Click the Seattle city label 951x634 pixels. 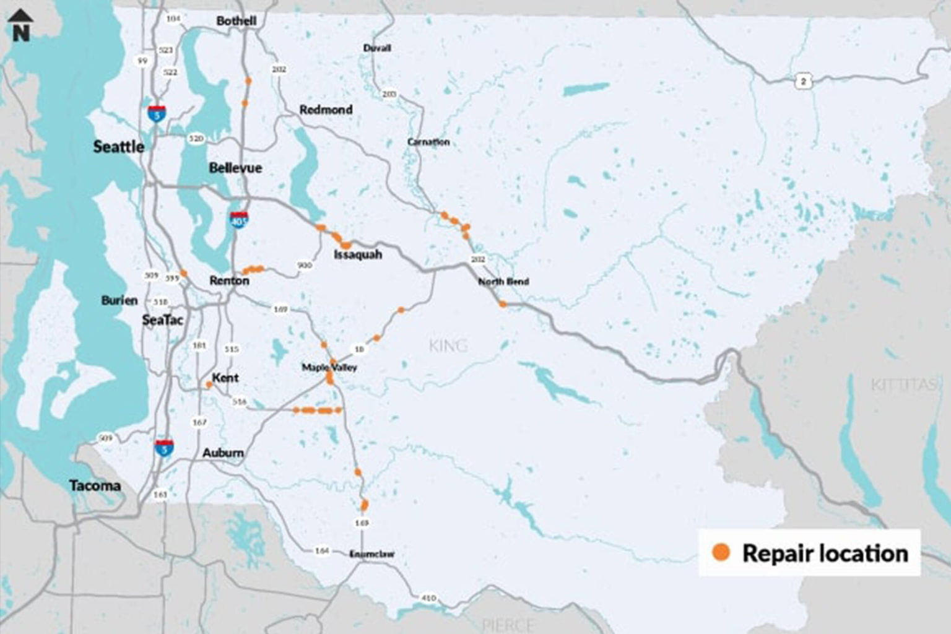[118, 147]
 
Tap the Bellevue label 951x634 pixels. [235, 168]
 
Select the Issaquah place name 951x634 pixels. [358, 254]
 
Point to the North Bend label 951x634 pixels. [503, 282]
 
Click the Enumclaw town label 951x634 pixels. [371, 554]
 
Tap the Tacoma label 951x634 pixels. [95, 486]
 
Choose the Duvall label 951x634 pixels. [377, 48]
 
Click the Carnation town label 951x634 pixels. [428, 142]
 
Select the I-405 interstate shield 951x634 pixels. [239, 219]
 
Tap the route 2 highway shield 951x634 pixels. [803, 81]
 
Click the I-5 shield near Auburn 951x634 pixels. [164, 447]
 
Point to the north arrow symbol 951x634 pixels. [21, 25]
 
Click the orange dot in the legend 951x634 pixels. [721, 552]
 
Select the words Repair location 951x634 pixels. [825, 554]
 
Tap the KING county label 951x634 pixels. [448, 345]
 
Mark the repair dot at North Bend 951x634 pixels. [503, 304]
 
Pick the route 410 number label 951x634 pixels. [428, 598]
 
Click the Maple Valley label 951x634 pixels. [329, 368]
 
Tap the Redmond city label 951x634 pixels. [326, 110]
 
